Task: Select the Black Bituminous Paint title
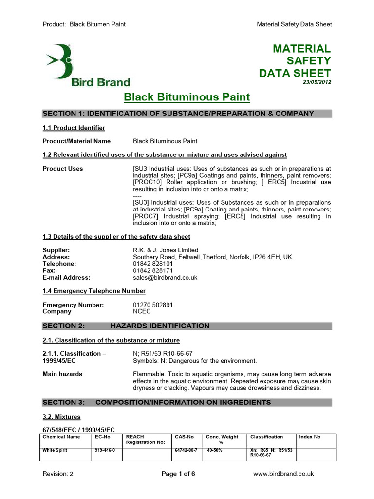187,97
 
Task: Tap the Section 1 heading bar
187,114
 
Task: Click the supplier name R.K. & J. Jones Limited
166,250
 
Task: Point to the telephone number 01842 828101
153,264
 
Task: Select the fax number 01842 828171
153,270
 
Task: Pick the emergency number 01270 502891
153,305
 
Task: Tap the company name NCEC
143,311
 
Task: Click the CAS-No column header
184,437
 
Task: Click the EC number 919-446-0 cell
105,450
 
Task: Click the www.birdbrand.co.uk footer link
284,473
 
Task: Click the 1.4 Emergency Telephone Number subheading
94,291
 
